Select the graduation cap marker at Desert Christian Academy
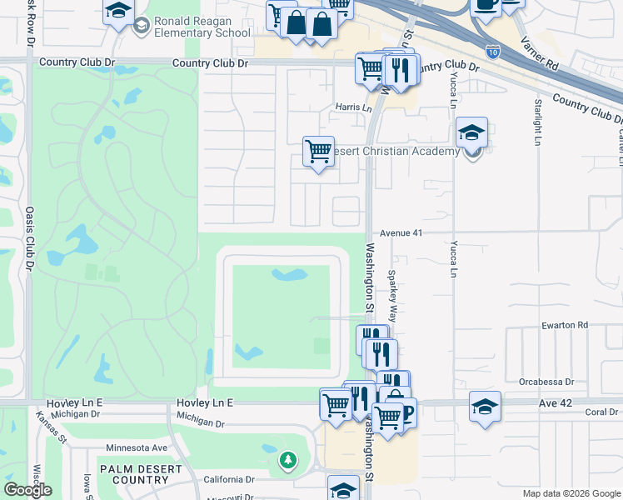click(471, 133)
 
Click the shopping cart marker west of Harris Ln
click(318, 152)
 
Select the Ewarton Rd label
click(564, 325)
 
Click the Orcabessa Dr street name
click(546, 382)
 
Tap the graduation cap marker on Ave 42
click(485, 407)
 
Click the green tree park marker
click(288, 459)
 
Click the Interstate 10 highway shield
click(493, 52)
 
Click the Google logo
click(27, 490)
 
